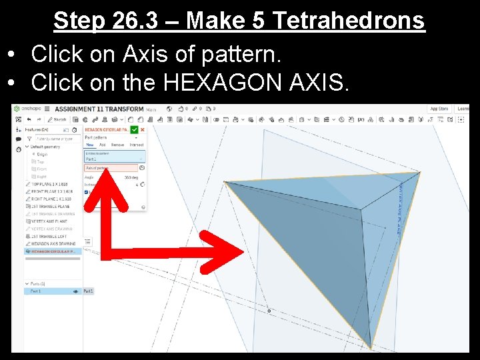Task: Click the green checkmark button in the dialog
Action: click(135, 129)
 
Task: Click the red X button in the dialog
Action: click(142, 129)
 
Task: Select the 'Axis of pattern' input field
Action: click(110, 168)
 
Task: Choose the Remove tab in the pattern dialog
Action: click(117, 145)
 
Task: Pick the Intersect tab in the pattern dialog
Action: click(137, 145)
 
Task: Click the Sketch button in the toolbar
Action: click(59, 119)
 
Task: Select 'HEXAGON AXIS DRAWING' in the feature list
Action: click(53, 244)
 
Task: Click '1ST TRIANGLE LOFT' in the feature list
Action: click(49, 237)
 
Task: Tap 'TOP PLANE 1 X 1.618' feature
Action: click(49, 183)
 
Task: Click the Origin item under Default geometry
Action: click(41, 154)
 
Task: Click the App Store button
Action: click(439, 109)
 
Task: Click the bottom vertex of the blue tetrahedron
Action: click(370, 348)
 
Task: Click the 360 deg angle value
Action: click(129, 177)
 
